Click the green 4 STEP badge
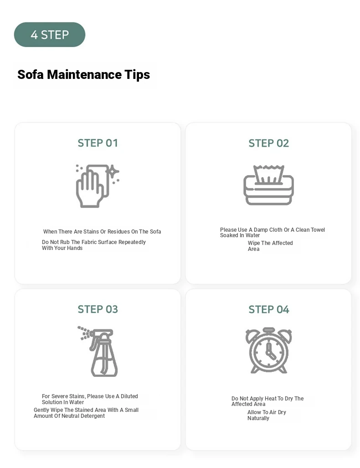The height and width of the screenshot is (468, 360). pos(50,35)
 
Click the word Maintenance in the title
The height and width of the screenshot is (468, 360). pos(84,75)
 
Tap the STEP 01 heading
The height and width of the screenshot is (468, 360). pos(98,143)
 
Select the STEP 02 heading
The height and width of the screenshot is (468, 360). pos(269,143)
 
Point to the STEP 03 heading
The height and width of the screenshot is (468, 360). pos(98,309)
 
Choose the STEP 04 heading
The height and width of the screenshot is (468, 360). pos(269,310)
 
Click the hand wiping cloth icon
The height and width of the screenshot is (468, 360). pos(98,186)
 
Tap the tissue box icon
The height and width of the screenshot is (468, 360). pos(269,185)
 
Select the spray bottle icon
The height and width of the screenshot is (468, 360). pos(98,351)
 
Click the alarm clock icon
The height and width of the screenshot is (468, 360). pos(269,350)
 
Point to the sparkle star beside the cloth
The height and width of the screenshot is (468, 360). pos(113,172)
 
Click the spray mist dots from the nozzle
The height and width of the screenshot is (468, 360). pos(83,333)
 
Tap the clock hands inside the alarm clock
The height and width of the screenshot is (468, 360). pos(270,351)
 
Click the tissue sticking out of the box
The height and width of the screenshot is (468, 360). pos(268,174)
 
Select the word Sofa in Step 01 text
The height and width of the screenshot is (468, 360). pos(155,232)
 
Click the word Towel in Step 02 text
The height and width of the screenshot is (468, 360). pos(318,230)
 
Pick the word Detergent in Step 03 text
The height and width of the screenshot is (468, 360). pos(93,416)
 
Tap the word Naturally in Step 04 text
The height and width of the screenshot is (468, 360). pos(258,418)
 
